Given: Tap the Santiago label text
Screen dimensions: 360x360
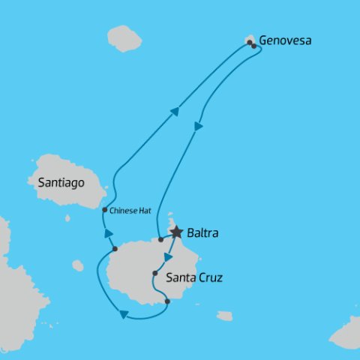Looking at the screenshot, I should (56, 182).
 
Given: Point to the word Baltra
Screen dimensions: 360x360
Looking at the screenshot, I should (204, 234).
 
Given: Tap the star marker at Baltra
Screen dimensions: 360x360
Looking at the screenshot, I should (176, 232).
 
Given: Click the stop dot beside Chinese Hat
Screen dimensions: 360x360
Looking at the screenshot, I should (104, 210).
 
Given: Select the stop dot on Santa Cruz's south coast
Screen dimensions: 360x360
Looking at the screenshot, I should (166, 302).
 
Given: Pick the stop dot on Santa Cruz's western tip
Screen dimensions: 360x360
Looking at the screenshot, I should (114, 248).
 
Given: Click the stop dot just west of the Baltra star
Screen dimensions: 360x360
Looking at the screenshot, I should (160, 240).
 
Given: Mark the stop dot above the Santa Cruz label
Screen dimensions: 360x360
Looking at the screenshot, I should (154, 273).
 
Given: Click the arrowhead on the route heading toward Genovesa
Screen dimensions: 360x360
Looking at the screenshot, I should (175, 112).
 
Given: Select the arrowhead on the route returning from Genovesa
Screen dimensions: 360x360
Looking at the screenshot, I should (199, 127).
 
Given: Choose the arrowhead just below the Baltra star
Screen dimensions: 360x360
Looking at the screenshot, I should (169, 256).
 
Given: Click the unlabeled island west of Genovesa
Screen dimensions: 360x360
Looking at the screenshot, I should (124, 37).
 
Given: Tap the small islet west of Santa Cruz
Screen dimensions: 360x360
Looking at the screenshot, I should (78, 265).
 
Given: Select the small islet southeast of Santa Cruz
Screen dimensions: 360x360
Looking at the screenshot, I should (225, 316).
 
